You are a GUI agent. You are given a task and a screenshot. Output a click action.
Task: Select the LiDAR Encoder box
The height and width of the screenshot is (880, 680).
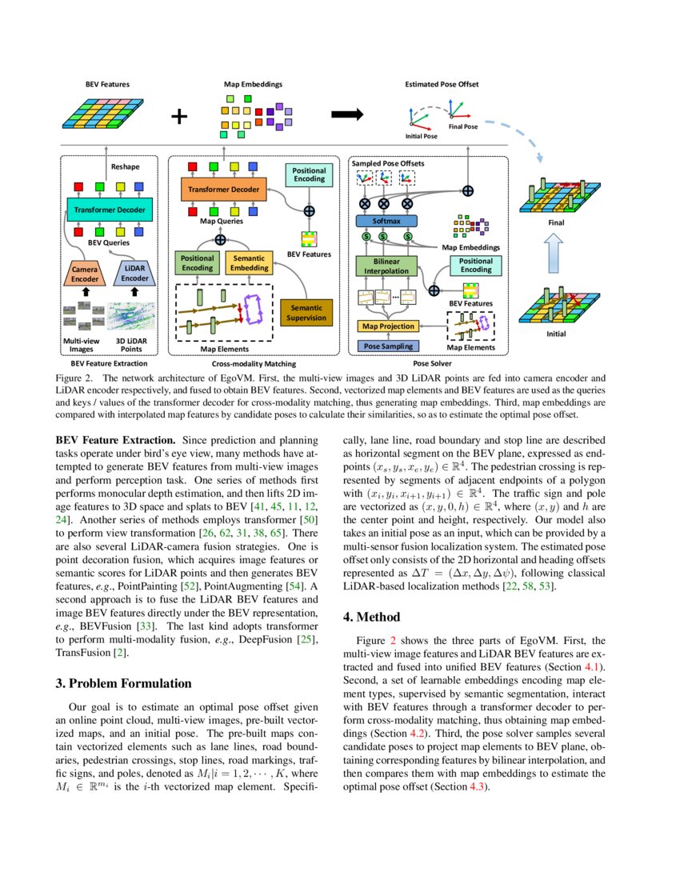pyautogui.click(x=135, y=274)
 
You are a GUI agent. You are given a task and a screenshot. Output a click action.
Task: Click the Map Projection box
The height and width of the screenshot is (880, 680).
pyautogui.click(x=388, y=326)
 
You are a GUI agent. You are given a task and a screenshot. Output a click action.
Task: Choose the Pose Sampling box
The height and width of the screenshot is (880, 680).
pyautogui.click(x=388, y=346)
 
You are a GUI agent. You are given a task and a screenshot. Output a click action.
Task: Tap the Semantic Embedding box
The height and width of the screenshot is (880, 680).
pyautogui.click(x=250, y=262)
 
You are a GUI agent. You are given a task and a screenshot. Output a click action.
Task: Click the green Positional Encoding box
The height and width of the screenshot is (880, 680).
pyautogui.click(x=197, y=262)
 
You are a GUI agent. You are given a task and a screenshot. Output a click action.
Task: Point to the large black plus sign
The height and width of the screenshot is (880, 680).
pyautogui.click(x=180, y=117)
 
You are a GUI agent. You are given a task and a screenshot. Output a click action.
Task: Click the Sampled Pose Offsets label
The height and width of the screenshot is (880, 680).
pyautogui.click(x=388, y=163)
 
